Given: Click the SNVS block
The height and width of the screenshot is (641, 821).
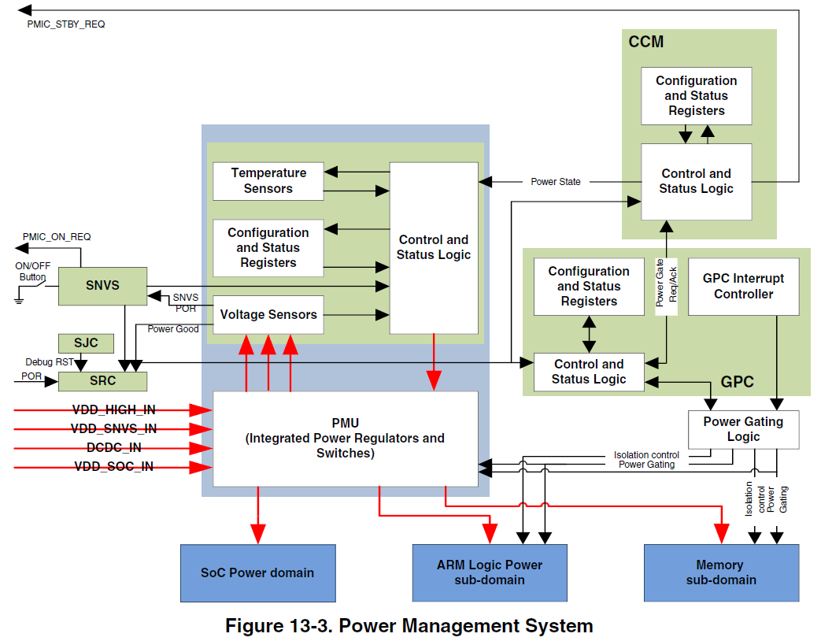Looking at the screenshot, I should [102, 286].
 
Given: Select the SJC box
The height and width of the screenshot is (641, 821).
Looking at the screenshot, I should [86, 343].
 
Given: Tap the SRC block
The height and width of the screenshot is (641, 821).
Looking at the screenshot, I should [102, 381].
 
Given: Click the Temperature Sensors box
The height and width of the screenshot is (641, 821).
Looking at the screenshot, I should [268, 181].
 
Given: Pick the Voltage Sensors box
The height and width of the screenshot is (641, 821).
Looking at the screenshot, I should [268, 315].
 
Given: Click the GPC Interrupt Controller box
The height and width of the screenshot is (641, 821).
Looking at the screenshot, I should [743, 287].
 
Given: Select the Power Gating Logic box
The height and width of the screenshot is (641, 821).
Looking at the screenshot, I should [743, 429].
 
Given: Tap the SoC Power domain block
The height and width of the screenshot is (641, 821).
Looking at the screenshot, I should [257, 573].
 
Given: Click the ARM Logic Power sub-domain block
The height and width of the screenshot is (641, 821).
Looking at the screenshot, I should [489, 573].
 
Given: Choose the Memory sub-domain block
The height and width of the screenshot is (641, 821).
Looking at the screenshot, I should [720, 573].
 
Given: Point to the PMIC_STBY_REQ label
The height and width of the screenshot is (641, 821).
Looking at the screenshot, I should [66, 24].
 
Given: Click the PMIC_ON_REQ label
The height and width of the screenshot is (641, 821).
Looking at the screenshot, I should [57, 237].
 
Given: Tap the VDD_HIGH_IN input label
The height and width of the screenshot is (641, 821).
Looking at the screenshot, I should [113, 409].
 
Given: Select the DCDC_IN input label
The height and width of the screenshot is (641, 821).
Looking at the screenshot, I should [113, 448].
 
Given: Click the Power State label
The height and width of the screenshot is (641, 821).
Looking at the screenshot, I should [555, 182].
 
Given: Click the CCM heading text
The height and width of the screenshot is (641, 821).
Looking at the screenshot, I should [646, 43].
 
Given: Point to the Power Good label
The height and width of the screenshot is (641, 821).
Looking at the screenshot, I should [173, 329].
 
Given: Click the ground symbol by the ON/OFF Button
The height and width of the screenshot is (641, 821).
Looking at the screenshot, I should [18, 298].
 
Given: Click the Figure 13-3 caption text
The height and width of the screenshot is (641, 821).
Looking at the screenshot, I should [409, 627].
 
